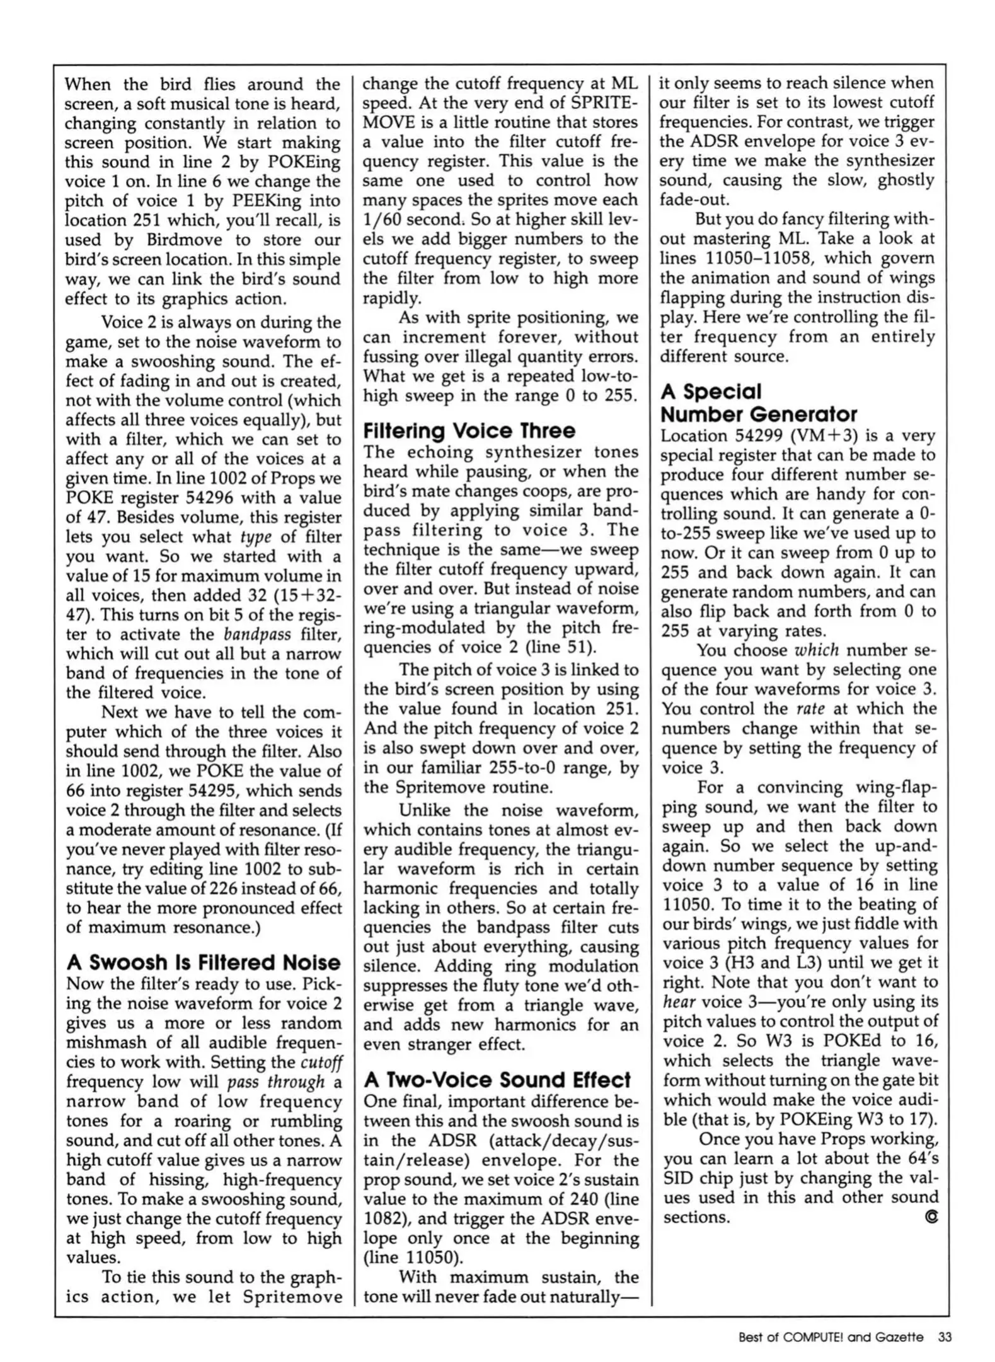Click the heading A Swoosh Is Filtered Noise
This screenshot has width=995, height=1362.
point(203,962)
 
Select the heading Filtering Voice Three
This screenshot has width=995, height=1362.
point(469,431)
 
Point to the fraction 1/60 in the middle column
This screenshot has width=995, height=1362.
point(382,219)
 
